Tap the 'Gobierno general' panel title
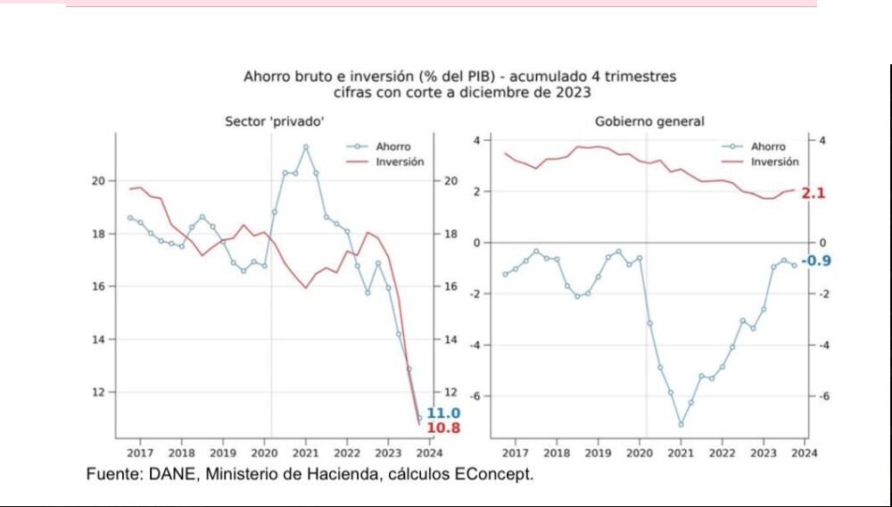click(648, 121)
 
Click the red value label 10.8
click(443, 428)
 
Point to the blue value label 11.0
click(443, 413)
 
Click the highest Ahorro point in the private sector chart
click(305, 146)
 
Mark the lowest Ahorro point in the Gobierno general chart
click(681, 425)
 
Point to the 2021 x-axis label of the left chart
click(305, 453)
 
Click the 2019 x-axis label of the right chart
click(598, 453)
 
